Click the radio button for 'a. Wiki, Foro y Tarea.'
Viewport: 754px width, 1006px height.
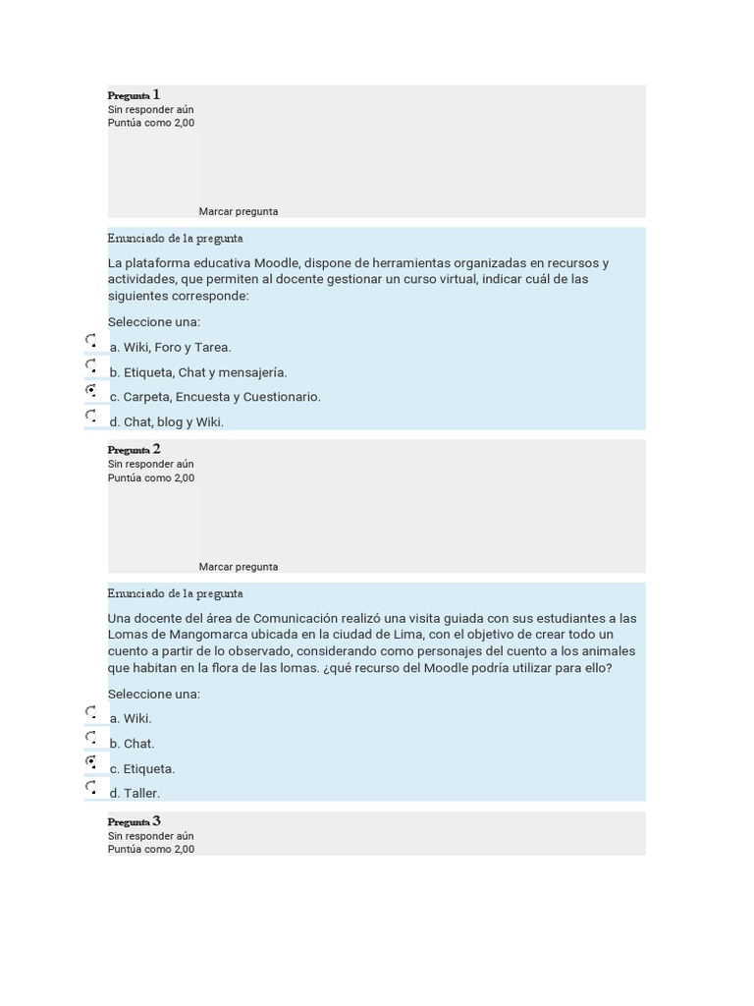click(x=91, y=341)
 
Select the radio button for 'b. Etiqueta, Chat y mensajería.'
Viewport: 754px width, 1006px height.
click(x=91, y=366)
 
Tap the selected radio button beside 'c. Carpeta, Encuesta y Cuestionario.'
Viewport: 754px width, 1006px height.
click(x=91, y=391)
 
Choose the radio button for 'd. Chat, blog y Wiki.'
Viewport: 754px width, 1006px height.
click(x=91, y=417)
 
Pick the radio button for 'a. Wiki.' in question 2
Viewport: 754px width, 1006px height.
click(x=91, y=712)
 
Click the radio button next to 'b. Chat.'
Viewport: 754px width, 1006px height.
click(x=91, y=738)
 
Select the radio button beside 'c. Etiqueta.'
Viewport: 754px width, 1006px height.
click(x=91, y=762)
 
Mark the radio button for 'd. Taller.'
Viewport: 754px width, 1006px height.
click(x=91, y=787)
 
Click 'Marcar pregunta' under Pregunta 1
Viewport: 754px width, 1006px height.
click(x=239, y=211)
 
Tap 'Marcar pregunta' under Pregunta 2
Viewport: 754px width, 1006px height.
click(x=239, y=567)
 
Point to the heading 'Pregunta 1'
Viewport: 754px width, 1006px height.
click(x=134, y=95)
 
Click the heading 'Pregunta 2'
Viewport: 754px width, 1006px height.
click(x=134, y=450)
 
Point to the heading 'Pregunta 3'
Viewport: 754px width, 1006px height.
click(x=134, y=821)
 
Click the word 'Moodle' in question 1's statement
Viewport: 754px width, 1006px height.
click(x=278, y=262)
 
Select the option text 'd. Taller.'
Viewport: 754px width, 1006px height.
click(x=135, y=793)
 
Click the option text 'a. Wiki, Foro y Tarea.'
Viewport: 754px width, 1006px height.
click(x=171, y=347)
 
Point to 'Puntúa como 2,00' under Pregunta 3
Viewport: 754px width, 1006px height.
click(x=151, y=849)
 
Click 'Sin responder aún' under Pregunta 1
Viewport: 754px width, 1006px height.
click(x=151, y=109)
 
